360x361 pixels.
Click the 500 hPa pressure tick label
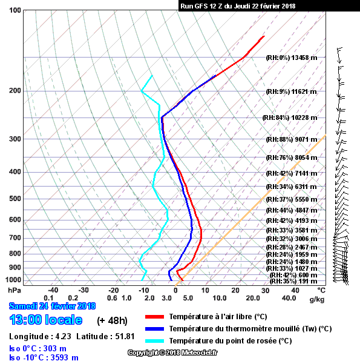point(15,199)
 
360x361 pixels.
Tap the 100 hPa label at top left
point(15,10)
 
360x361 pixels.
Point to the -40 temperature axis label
point(53,290)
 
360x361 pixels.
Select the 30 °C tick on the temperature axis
point(265,290)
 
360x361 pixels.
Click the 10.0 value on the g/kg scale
point(220,298)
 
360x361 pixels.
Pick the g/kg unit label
point(317,299)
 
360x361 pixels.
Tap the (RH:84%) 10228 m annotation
point(290,118)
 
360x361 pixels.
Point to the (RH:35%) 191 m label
point(293,281)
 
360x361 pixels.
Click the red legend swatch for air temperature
point(154,317)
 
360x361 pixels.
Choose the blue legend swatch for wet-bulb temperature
point(154,329)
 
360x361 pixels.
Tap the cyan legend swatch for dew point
point(154,341)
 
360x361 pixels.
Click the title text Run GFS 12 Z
point(201,6)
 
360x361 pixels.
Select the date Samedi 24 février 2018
point(52,306)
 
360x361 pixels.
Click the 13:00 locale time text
point(46,320)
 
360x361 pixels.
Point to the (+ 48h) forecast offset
point(112,320)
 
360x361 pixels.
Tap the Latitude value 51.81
point(125,336)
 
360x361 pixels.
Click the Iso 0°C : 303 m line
point(38,348)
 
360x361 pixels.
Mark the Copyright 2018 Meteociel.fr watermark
point(172,353)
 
